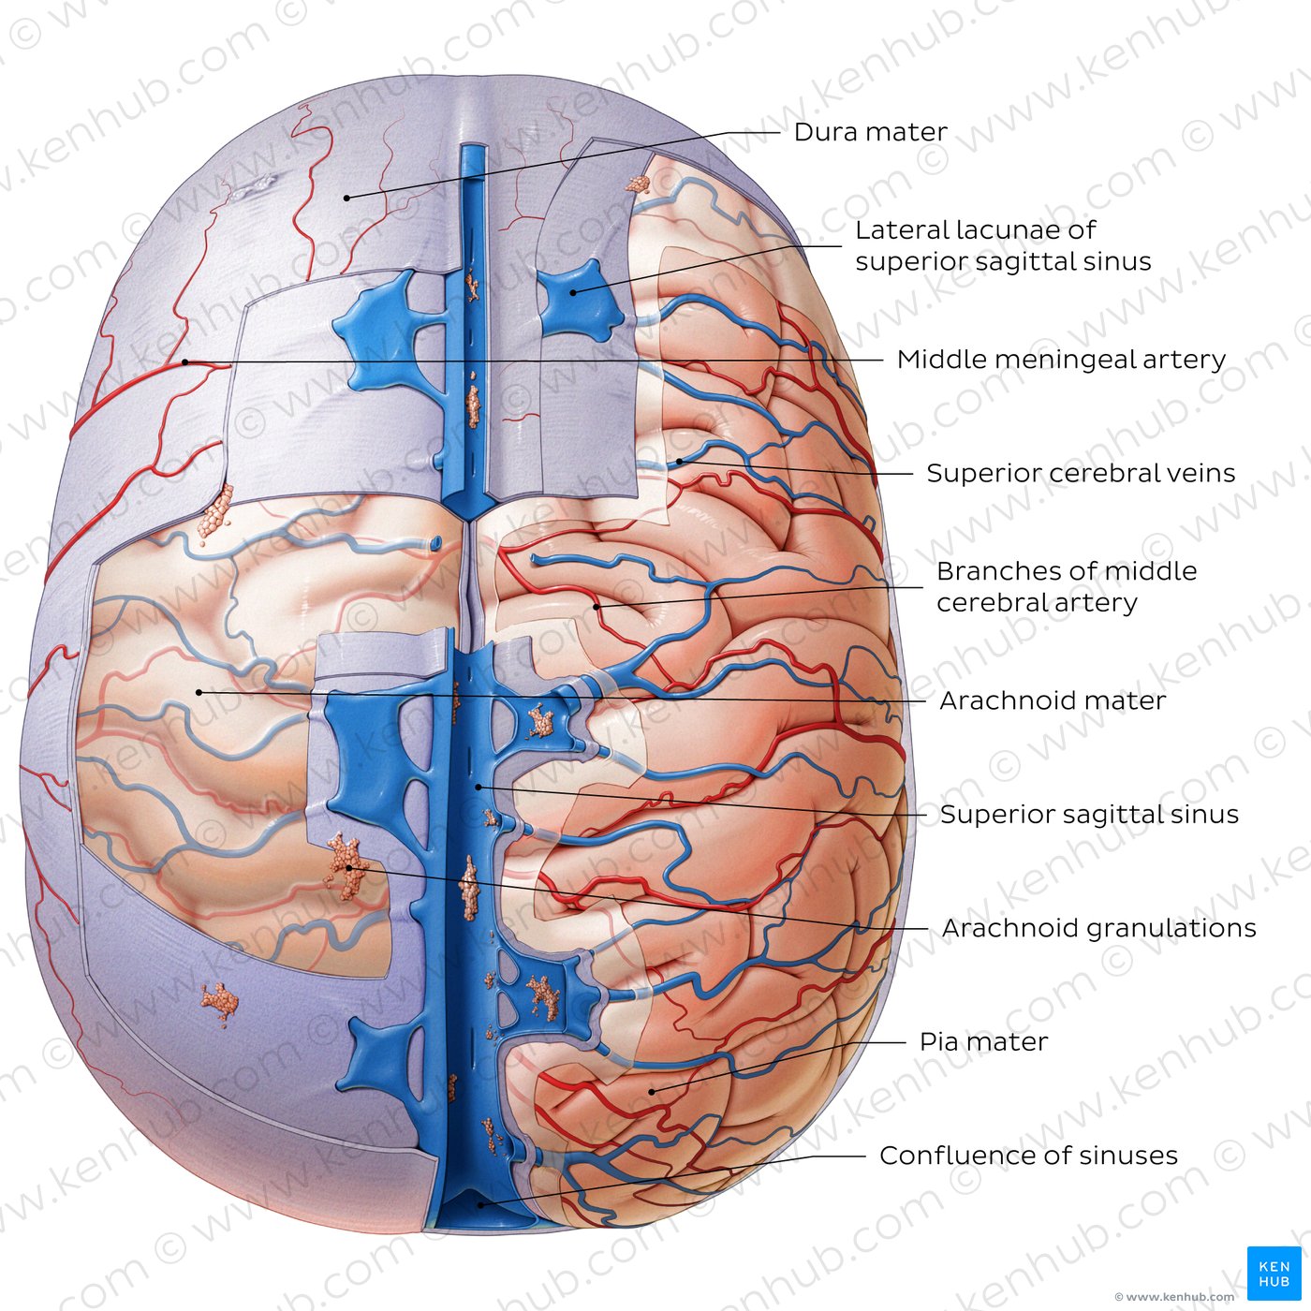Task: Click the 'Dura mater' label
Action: [x=870, y=132]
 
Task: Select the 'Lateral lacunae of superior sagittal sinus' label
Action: [x=1003, y=245]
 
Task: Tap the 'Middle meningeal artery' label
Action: [x=1061, y=360]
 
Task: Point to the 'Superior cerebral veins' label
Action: [x=1081, y=473]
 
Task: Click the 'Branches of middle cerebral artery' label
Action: [x=1066, y=586]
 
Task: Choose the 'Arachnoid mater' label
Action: [x=1053, y=700]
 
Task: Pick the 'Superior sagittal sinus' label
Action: [x=1089, y=815]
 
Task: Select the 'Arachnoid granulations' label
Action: [x=1098, y=928]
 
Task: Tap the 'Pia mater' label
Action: [x=984, y=1041]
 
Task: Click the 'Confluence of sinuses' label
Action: [x=1028, y=1156]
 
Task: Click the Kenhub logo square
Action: [x=1274, y=1274]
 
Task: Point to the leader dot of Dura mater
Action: [x=347, y=198]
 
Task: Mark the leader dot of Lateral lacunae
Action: [x=573, y=292]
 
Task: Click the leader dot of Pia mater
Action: [x=651, y=1092]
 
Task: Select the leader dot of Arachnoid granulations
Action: [x=349, y=867]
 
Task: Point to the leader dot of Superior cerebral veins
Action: [x=679, y=462]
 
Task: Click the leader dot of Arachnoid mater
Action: [x=199, y=693]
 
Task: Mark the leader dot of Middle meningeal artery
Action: [x=185, y=362]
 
